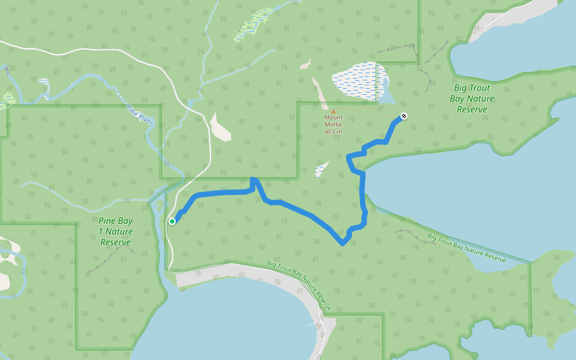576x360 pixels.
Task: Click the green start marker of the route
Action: point(172,221)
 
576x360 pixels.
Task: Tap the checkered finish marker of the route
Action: point(404,116)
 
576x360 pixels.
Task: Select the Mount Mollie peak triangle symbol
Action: point(334,110)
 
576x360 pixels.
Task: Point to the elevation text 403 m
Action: point(333,131)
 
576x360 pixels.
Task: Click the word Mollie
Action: point(334,124)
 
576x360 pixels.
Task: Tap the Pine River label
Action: point(140,114)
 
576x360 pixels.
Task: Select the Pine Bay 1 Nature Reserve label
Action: point(116,231)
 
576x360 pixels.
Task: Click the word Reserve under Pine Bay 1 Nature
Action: point(116,242)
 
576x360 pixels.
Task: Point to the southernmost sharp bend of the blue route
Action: point(343,244)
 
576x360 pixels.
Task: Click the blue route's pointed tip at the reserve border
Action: point(254,179)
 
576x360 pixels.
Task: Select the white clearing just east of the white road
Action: point(220,127)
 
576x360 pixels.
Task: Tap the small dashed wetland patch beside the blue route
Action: point(322,169)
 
